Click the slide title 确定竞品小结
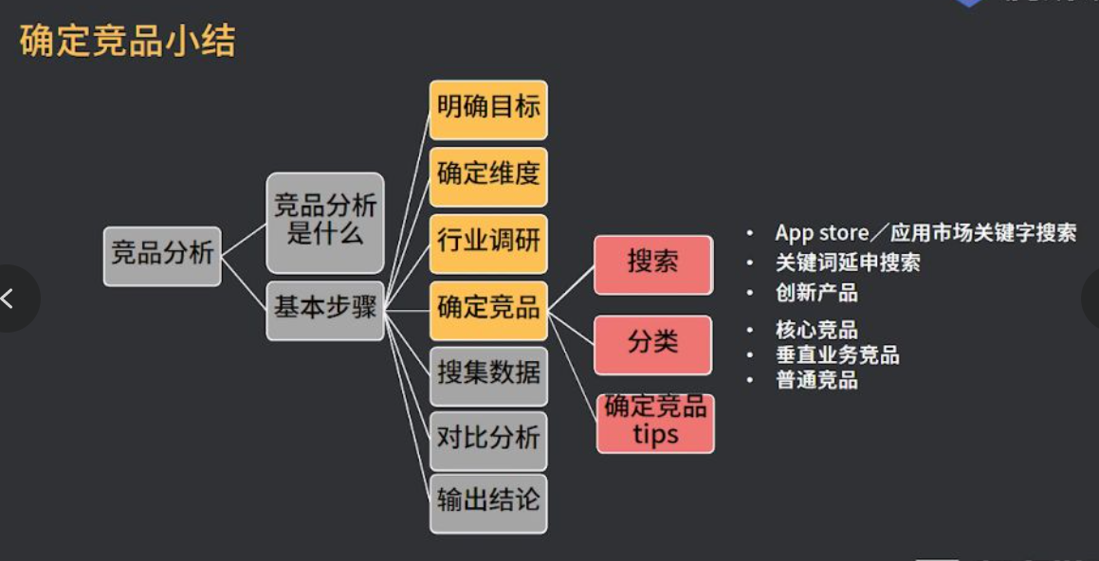pyautogui.click(x=127, y=42)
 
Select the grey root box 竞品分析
pyautogui.click(x=162, y=255)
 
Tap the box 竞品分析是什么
pyautogui.click(x=325, y=222)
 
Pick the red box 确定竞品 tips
pyautogui.click(x=655, y=423)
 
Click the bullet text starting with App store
pyautogui.click(x=925, y=233)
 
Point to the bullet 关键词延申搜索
pyautogui.click(x=848, y=262)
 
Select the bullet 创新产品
pyautogui.click(x=816, y=293)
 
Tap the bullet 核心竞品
pyautogui.click(x=816, y=331)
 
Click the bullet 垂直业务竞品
pyautogui.click(x=837, y=355)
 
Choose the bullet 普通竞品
pyautogui.click(x=816, y=380)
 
